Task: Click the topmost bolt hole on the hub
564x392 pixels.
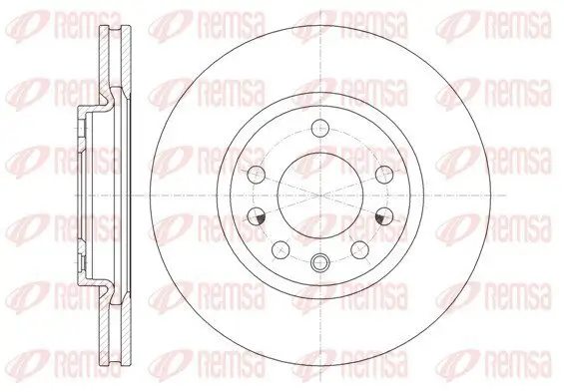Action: point(319,127)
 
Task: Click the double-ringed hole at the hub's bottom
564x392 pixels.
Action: point(319,263)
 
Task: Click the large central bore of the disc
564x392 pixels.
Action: point(319,194)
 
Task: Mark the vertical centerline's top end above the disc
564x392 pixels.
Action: point(319,9)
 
